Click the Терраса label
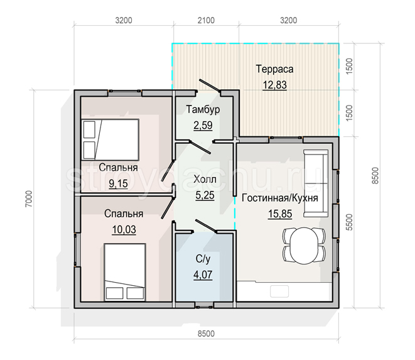(x=274, y=69)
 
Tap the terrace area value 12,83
(x=274, y=85)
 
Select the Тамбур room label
(x=203, y=109)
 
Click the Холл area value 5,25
(x=205, y=195)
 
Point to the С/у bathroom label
(x=203, y=259)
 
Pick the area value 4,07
(x=203, y=275)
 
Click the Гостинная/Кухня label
(x=280, y=198)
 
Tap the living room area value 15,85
(x=280, y=214)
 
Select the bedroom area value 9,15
(x=118, y=183)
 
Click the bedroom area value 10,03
(x=124, y=229)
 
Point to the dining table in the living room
(x=305, y=246)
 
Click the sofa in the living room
(x=316, y=183)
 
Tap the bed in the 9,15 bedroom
(x=110, y=139)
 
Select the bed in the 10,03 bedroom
(x=125, y=272)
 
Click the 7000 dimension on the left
(x=29, y=199)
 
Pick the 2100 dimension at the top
(x=206, y=20)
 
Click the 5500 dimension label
(x=350, y=222)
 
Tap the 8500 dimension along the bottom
(x=206, y=334)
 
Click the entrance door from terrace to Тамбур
(x=210, y=85)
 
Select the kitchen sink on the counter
(x=279, y=292)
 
